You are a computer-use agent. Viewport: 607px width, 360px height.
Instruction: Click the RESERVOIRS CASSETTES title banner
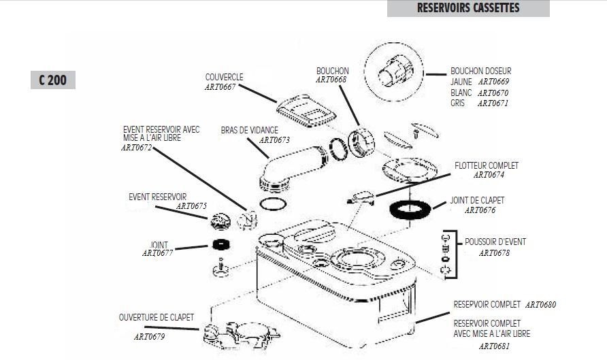[x=468, y=8]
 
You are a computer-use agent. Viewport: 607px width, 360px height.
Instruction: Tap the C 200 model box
[x=52, y=80]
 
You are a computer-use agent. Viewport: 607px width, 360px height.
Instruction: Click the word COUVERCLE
[x=224, y=77]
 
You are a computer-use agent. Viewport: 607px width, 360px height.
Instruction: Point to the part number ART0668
[x=331, y=80]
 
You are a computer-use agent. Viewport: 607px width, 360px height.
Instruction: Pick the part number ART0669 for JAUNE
[x=493, y=82]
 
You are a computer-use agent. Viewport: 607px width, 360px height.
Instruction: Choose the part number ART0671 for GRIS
[x=493, y=103]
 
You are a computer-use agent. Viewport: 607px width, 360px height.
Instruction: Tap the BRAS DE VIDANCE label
[x=250, y=130]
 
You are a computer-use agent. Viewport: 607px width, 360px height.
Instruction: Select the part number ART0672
[x=137, y=147]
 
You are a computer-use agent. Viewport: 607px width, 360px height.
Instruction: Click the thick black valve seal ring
[x=412, y=209]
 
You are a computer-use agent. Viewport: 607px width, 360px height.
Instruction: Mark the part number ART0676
[x=480, y=211]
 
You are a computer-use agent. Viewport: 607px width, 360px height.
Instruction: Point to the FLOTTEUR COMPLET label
[x=487, y=165]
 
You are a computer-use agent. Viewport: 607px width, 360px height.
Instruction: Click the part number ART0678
[x=494, y=252]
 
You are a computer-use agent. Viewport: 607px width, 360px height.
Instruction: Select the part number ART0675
[x=191, y=206]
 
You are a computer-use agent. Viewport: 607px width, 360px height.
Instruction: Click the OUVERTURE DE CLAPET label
[x=157, y=317]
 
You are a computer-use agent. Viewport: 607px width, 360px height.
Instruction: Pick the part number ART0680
[x=540, y=305]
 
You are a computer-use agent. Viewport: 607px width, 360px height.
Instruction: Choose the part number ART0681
[x=494, y=346]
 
